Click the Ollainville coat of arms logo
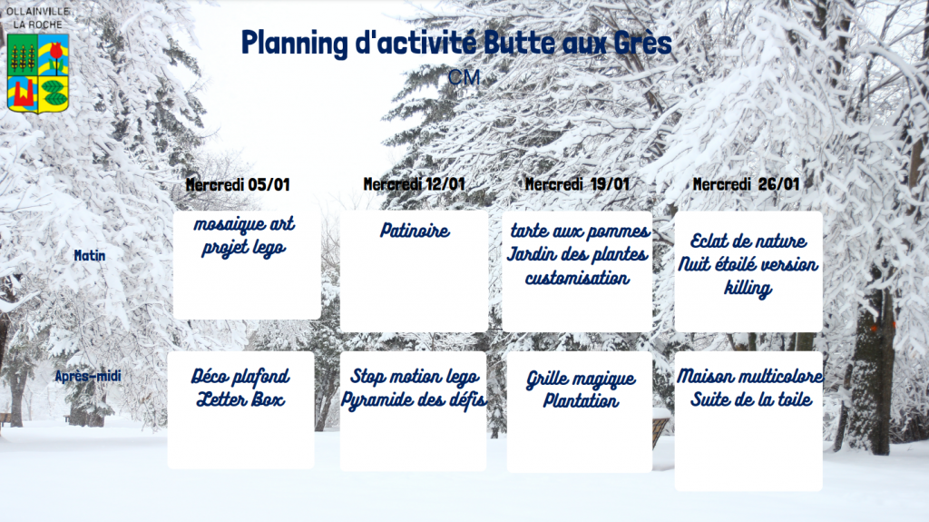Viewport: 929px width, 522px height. coord(38,73)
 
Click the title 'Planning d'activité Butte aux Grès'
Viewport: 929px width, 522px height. coord(456,44)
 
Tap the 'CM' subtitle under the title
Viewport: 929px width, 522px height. coord(464,77)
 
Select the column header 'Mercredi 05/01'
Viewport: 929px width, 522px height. coord(238,184)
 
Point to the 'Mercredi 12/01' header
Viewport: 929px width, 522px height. coord(414,184)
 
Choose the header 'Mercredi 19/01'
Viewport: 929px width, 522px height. coord(577,184)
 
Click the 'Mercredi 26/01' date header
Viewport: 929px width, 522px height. coord(746,184)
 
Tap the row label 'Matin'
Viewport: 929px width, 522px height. coord(90,256)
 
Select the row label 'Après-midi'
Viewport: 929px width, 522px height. coord(88,376)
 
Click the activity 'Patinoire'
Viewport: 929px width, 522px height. coord(415,231)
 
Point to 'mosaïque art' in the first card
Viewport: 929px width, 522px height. coord(244,223)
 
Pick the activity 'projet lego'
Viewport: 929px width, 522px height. coord(243,247)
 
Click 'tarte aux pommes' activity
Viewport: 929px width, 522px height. coord(580,231)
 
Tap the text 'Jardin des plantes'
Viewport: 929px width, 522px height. coord(578,254)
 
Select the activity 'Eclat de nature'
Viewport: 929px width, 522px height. coord(748,241)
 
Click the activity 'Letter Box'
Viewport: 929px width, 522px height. coord(240,399)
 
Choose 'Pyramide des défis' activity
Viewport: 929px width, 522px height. coord(414,400)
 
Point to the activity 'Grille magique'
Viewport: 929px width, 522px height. coord(581,379)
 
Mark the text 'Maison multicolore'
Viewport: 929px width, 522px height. coord(750,376)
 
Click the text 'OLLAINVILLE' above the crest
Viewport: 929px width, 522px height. coord(38,11)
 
